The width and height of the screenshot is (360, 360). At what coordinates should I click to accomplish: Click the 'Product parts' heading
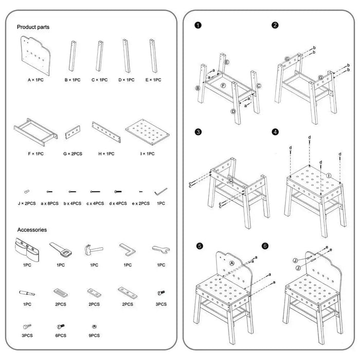[33, 27]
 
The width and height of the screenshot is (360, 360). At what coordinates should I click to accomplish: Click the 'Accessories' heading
[32, 230]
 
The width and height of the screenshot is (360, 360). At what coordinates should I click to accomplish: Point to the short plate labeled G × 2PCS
[73, 133]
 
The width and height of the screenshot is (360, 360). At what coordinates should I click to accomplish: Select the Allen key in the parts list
[160, 191]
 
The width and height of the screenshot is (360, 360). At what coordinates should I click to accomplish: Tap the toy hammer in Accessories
[93, 249]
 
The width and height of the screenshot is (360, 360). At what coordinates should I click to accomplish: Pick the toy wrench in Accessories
[160, 249]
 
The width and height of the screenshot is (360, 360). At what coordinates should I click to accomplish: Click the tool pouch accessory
[27, 249]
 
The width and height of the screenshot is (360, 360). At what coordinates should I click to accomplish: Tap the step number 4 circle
[276, 132]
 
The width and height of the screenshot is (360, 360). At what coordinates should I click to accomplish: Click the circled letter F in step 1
[223, 84]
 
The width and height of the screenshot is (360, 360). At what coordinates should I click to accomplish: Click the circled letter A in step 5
[231, 263]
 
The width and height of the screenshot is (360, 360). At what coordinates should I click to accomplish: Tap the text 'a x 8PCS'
[50, 204]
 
